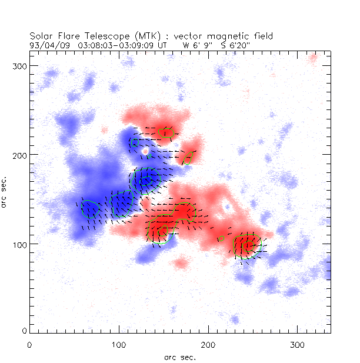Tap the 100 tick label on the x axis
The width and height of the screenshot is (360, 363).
(119, 344)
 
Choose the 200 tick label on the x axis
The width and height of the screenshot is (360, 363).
(208, 344)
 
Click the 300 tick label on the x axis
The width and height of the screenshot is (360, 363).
(298, 344)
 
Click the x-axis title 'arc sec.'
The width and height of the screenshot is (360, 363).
(180, 357)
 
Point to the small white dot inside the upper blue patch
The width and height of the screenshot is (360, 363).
(146, 151)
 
